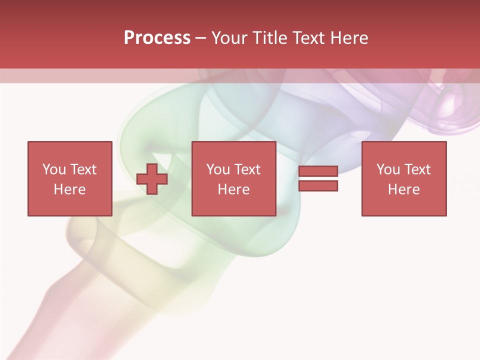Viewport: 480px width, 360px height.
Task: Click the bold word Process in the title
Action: [x=157, y=38]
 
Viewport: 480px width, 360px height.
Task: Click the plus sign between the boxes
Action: [x=152, y=178]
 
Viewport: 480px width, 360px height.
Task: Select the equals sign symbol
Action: [x=318, y=178]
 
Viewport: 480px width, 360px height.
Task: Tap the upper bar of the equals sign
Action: [x=318, y=171]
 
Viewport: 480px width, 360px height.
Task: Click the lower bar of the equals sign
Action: [x=318, y=185]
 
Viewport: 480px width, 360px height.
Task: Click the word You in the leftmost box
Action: [x=53, y=169]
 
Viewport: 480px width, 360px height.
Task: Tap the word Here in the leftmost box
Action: [x=69, y=189]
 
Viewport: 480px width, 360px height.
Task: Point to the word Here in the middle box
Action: [x=233, y=189]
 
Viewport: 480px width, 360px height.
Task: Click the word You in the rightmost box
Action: [x=388, y=169]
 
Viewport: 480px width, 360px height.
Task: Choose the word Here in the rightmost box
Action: [x=404, y=189]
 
